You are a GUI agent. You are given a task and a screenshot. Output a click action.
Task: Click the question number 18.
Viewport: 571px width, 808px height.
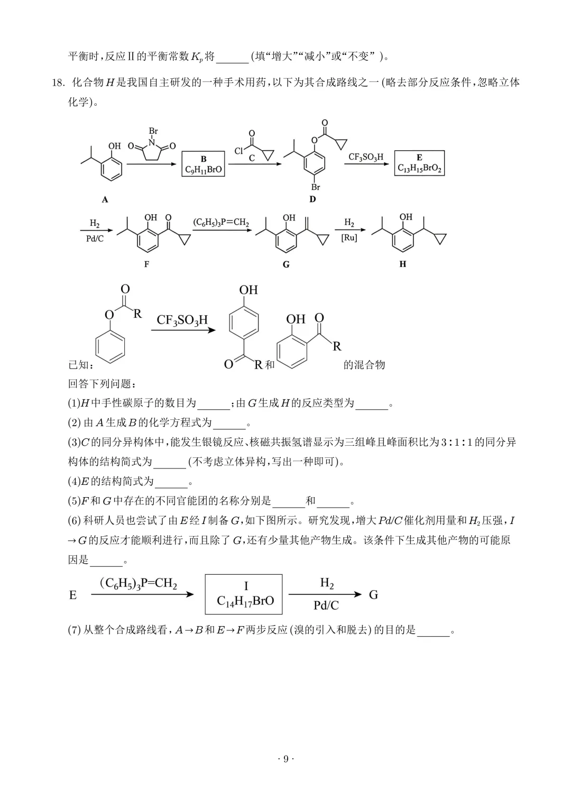pyautogui.click(x=57, y=82)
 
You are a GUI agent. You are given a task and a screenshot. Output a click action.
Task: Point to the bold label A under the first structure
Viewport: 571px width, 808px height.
pyautogui.click(x=105, y=199)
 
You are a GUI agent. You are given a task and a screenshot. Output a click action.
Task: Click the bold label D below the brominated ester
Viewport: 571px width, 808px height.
pyautogui.click(x=312, y=199)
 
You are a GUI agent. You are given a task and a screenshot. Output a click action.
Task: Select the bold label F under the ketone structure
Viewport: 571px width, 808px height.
pyautogui.click(x=146, y=264)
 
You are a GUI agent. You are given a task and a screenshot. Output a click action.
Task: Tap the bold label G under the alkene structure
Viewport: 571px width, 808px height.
pyautogui.click(x=286, y=264)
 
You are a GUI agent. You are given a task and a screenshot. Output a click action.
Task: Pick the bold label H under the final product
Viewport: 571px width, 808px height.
pyautogui.click(x=403, y=264)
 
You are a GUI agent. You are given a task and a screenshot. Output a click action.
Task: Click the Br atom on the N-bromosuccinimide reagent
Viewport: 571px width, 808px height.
pyautogui.click(x=153, y=131)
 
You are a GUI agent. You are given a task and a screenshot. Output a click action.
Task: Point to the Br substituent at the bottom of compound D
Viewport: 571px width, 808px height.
pyautogui.click(x=316, y=187)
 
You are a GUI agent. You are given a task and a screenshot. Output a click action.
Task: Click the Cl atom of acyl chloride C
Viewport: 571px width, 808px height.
pyautogui.click(x=238, y=151)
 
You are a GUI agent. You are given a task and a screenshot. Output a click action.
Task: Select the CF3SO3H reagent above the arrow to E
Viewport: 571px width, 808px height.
pyautogui.click(x=366, y=157)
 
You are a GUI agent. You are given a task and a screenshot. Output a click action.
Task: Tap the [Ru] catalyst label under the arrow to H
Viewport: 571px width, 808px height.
pyautogui.click(x=349, y=238)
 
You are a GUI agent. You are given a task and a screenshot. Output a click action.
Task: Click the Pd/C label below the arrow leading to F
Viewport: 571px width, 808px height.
pyautogui.click(x=95, y=238)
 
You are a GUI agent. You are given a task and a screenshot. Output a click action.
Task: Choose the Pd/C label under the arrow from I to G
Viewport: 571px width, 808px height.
pyautogui.click(x=326, y=605)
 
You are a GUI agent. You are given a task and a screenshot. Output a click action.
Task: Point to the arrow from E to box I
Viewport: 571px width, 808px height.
pyautogui.click(x=142, y=594)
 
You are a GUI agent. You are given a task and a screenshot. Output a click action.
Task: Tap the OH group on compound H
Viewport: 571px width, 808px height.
pyautogui.click(x=406, y=217)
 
